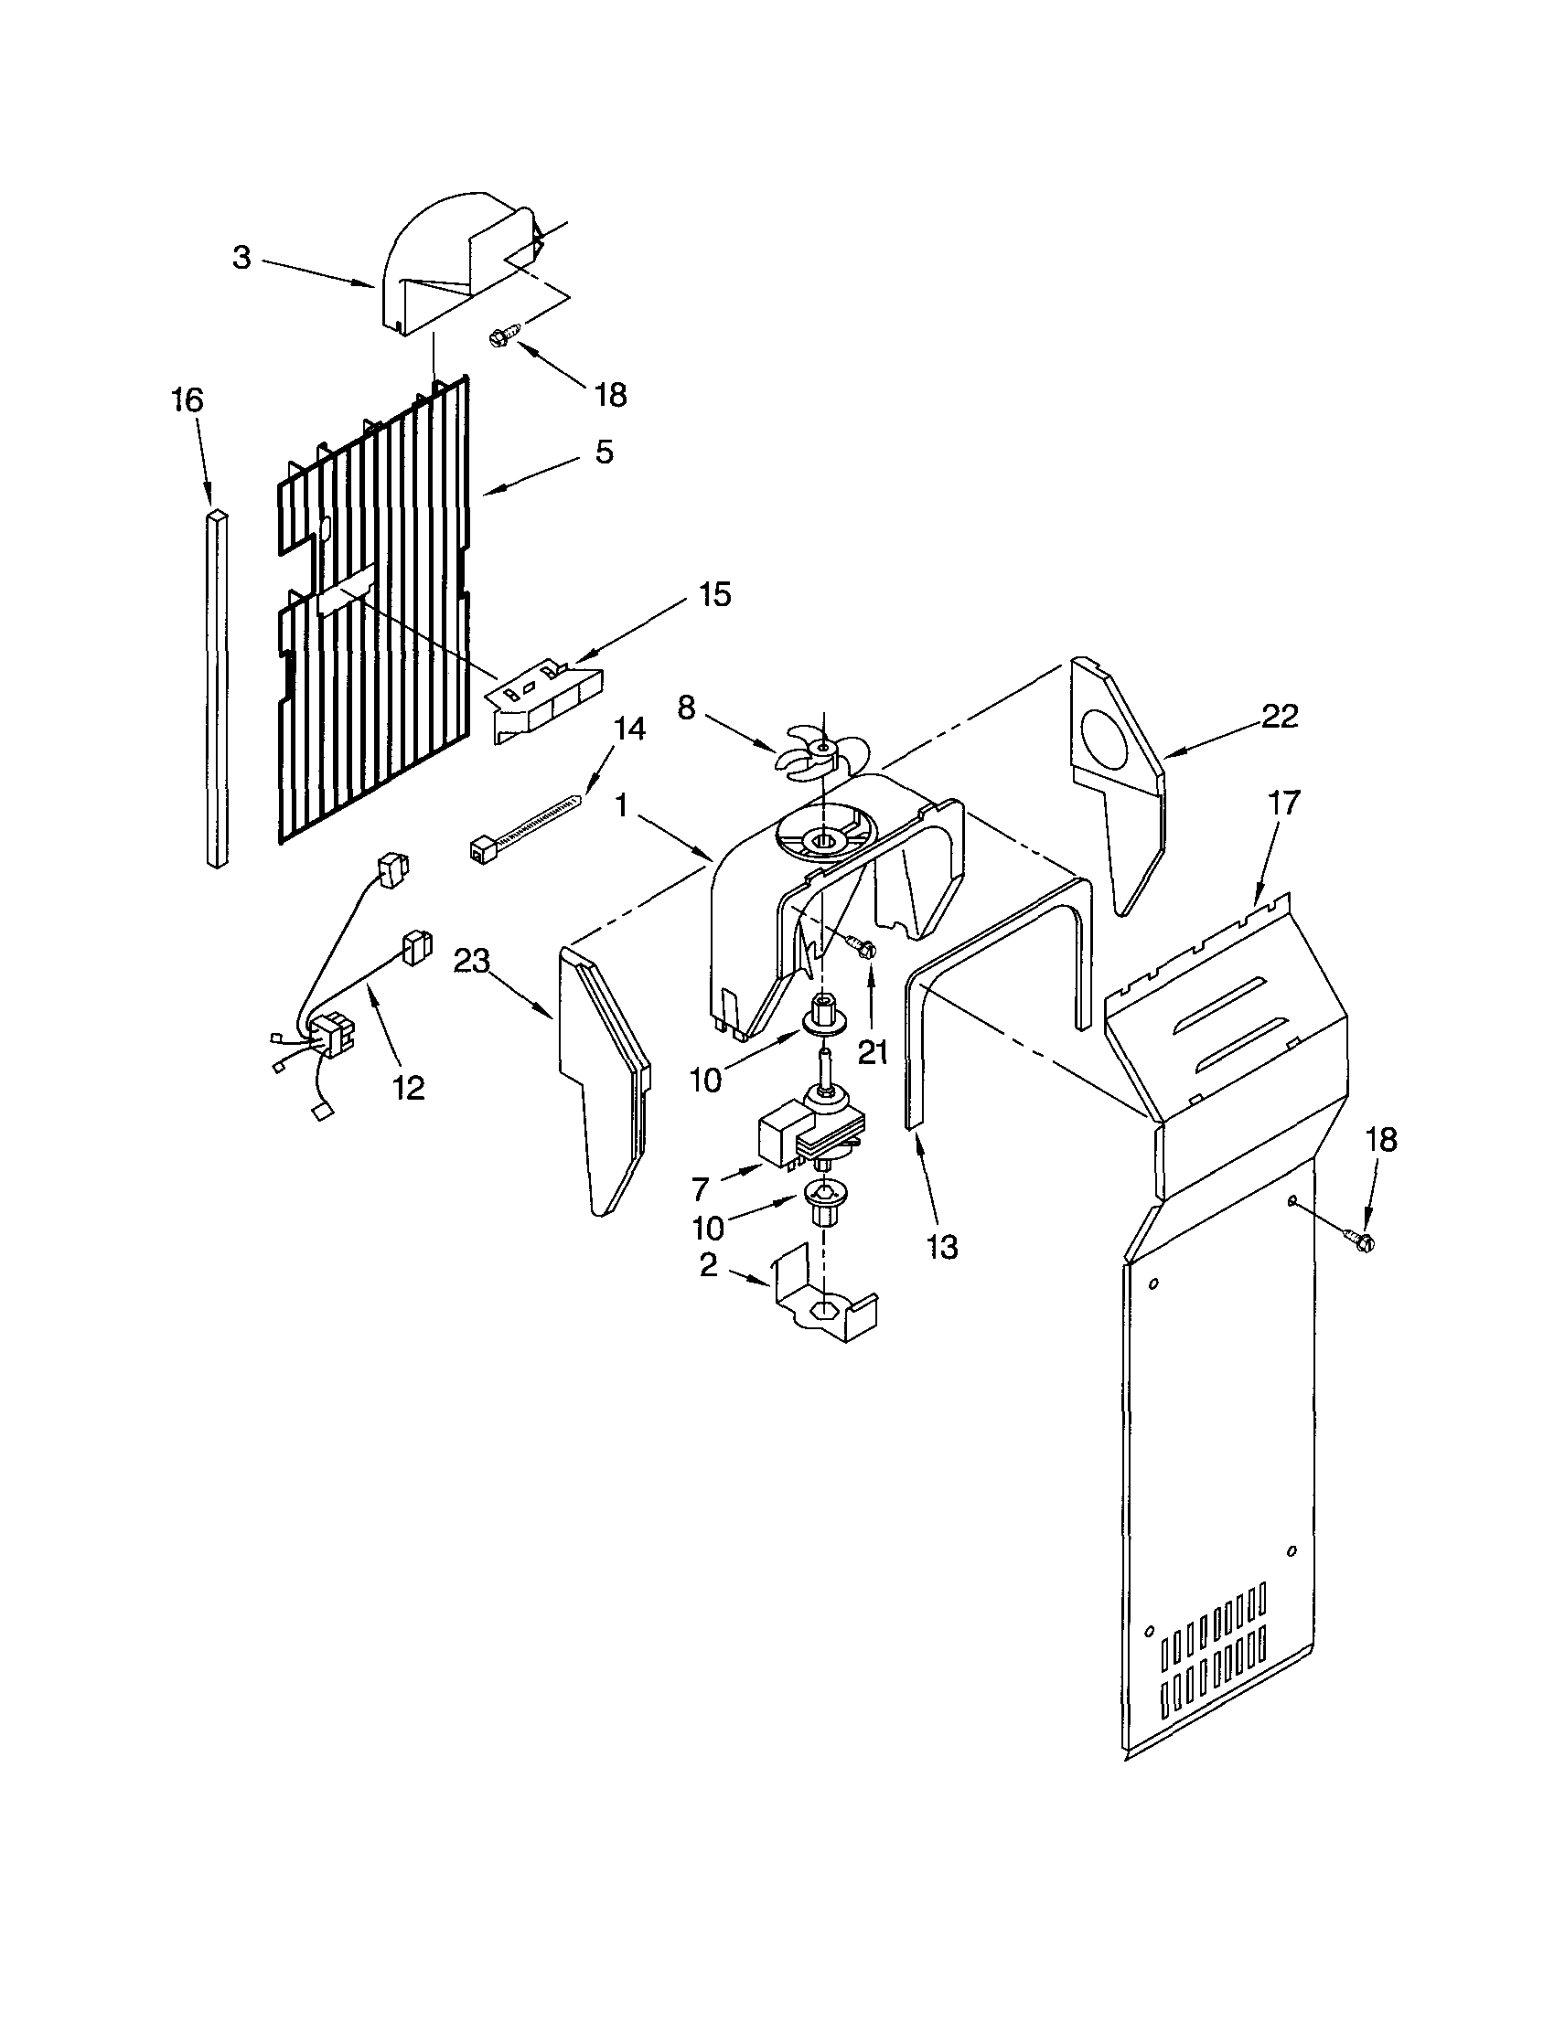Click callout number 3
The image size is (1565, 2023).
pyautogui.click(x=241, y=258)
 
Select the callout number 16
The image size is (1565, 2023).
pyautogui.click(x=188, y=400)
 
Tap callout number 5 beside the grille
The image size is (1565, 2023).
pyautogui.click(x=603, y=452)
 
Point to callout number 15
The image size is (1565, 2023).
pyautogui.click(x=714, y=594)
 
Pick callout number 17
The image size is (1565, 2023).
pyautogui.click(x=1284, y=801)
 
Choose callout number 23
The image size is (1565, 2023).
pyautogui.click(x=471, y=963)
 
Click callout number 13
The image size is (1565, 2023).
pyautogui.click(x=942, y=1247)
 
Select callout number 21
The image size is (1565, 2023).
pyautogui.click(x=872, y=1052)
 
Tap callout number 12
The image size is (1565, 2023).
pyautogui.click(x=408, y=1088)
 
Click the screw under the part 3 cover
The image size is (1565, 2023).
pyautogui.click(x=504, y=336)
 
